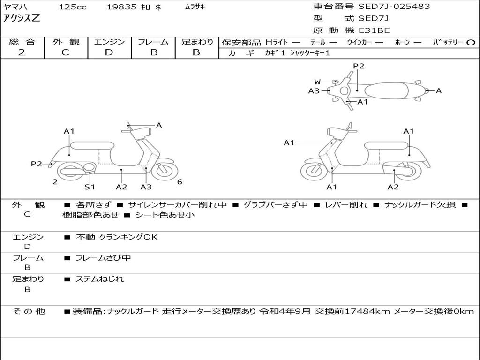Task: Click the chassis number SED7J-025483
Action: [x=394, y=7]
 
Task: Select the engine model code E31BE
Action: [x=374, y=30]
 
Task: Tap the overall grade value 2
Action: [x=22, y=52]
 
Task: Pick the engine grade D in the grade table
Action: [x=109, y=52]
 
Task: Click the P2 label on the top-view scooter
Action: [x=359, y=66]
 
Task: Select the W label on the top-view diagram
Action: [x=318, y=82]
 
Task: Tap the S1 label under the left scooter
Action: [x=90, y=187]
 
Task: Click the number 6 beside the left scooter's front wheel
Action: [x=180, y=182]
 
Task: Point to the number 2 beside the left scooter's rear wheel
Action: [x=55, y=182]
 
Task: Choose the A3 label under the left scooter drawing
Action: [x=146, y=187]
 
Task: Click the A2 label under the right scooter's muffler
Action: [x=393, y=187]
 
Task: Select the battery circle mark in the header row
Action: [x=471, y=42]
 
